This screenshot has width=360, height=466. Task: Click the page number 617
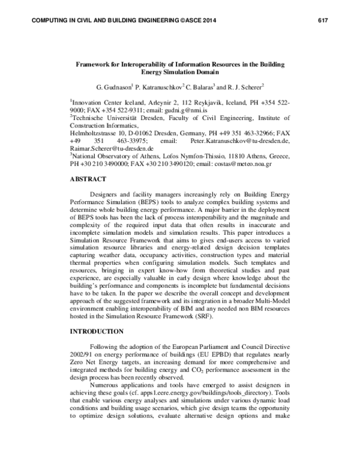pyautogui.click(x=324, y=22)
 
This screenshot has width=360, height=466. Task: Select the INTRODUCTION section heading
pyautogui.click(x=97, y=331)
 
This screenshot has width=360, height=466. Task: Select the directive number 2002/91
pyautogui.click(x=84, y=356)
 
